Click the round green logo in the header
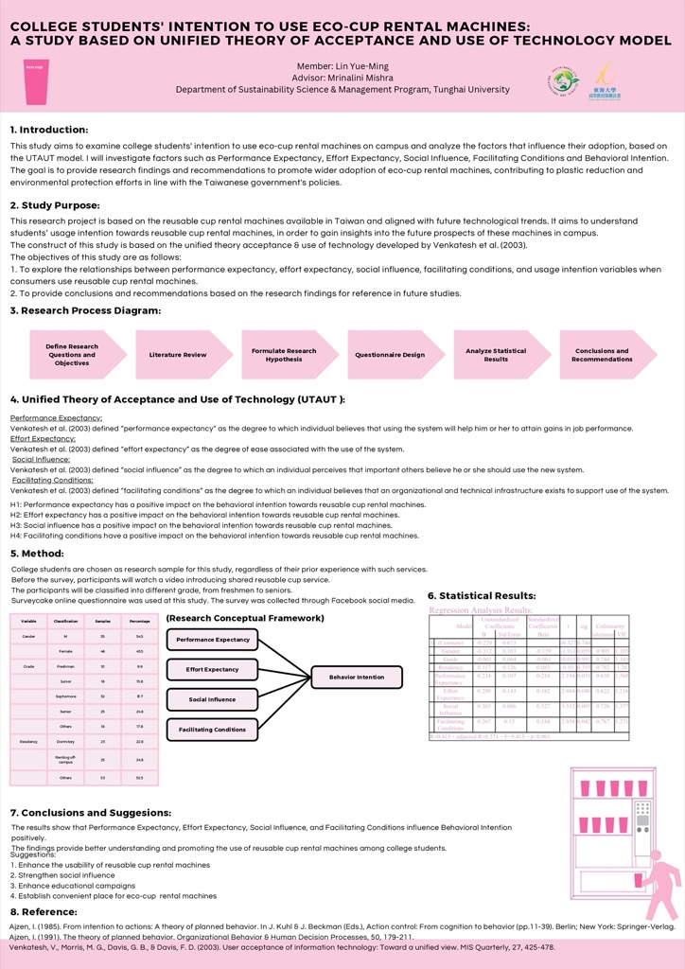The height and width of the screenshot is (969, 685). pyautogui.click(x=565, y=79)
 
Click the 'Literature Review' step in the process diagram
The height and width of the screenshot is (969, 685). pyautogui.click(x=178, y=355)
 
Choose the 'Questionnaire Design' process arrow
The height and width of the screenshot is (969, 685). pyautogui.click(x=389, y=355)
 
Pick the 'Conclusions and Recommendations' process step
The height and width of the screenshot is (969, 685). pyautogui.click(x=602, y=355)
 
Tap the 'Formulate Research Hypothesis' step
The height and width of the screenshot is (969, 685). pyautogui.click(x=284, y=355)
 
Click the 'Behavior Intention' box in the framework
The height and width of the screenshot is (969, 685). pyautogui.click(x=356, y=678)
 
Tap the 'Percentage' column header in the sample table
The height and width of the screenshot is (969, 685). pyautogui.click(x=139, y=621)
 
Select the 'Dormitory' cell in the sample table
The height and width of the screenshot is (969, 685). pyautogui.click(x=65, y=742)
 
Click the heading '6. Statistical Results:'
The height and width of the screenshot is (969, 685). pyautogui.click(x=482, y=595)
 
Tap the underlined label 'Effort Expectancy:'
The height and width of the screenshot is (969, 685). pyautogui.click(x=43, y=439)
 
